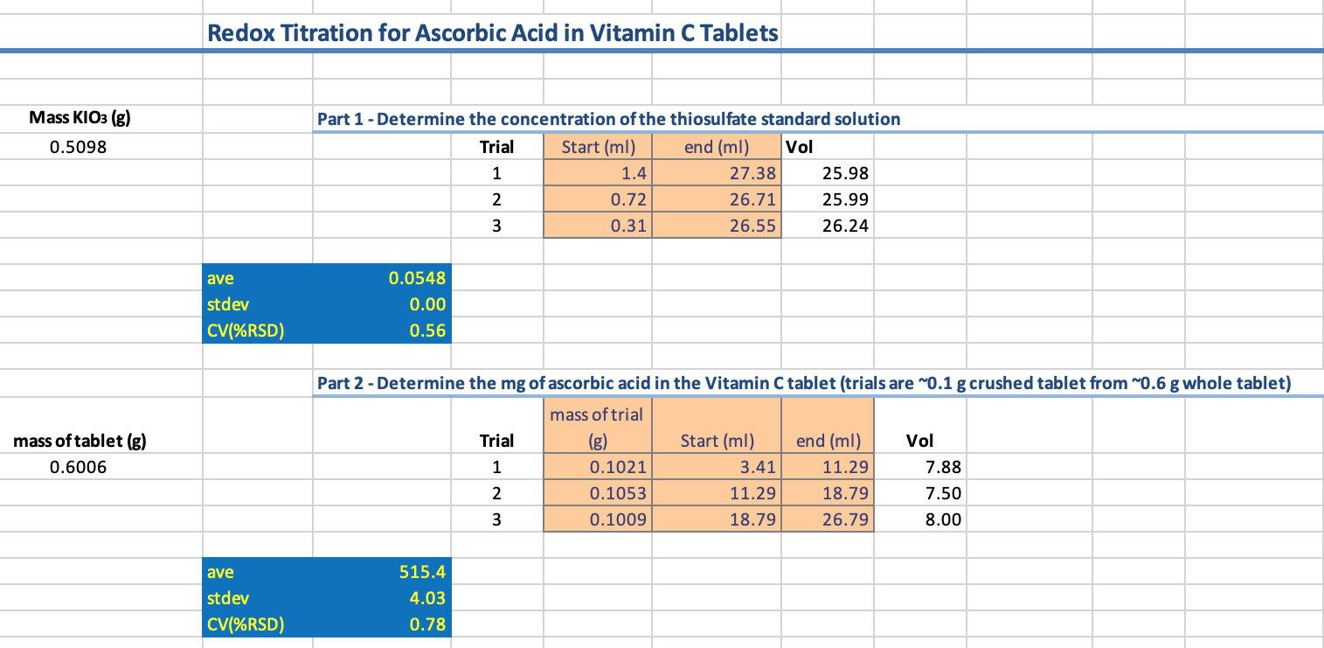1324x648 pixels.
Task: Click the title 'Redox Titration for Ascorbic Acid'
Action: click(492, 34)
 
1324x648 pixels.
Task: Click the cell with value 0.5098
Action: click(79, 147)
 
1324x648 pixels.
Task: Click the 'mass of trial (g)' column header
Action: click(596, 426)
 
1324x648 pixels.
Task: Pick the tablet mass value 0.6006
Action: click(79, 467)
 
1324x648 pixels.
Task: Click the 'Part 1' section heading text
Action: click(608, 119)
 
